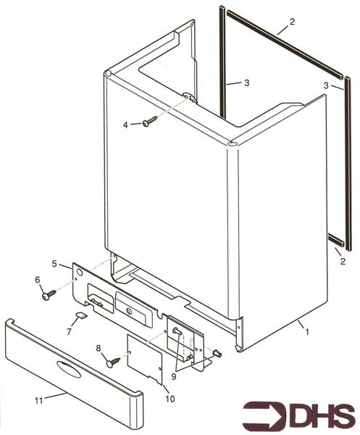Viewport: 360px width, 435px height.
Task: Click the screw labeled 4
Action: point(150,122)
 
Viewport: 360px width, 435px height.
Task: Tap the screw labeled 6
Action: point(49,294)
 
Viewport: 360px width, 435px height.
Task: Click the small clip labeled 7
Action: point(81,315)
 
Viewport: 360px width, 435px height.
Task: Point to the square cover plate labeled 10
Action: point(145,359)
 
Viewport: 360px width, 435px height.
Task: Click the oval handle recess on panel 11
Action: point(69,370)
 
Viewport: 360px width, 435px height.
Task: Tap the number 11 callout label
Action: point(39,400)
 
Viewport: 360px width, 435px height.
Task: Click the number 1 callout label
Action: point(306,331)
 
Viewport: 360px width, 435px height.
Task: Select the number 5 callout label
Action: point(54,263)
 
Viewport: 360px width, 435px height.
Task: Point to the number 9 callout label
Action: point(174,376)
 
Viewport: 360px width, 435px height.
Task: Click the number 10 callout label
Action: point(170,399)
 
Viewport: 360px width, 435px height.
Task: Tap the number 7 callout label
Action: point(69,331)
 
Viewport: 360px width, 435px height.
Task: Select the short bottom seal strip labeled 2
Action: point(336,240)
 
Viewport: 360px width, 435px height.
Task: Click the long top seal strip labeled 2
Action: point(285,44)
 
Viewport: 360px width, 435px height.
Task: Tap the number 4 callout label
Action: point(125,125)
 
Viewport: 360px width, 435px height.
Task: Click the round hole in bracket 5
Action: point(79,273)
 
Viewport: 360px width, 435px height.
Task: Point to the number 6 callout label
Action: point(38,280)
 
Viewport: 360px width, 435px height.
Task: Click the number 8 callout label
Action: point(99,348)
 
